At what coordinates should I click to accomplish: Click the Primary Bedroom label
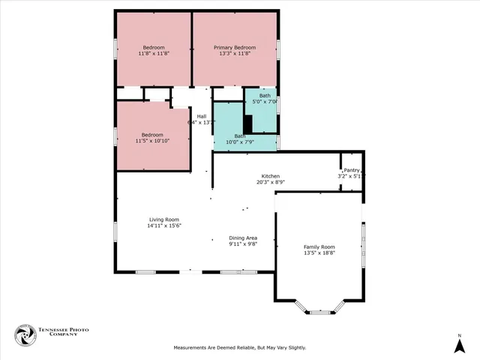(235, 47)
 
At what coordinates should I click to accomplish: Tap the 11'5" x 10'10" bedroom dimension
(152, 141)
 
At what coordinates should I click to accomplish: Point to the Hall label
(201, 116)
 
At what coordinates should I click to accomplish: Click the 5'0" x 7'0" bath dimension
(265, 102)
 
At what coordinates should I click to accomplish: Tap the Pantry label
(351, 170)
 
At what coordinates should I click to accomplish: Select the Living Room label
(163, 219)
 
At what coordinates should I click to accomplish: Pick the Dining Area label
(243, 238)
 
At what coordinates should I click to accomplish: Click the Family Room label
(319, 247)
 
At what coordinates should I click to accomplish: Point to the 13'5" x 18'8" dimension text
(319, 253)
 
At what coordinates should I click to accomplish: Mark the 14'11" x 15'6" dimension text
(163, 226)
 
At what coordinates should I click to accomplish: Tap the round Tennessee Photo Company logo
(25, 335)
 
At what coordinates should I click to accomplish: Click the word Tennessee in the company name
(57, 329)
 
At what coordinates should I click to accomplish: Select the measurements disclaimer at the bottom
(240, 348)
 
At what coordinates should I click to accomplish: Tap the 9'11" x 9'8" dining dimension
(243, 244)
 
